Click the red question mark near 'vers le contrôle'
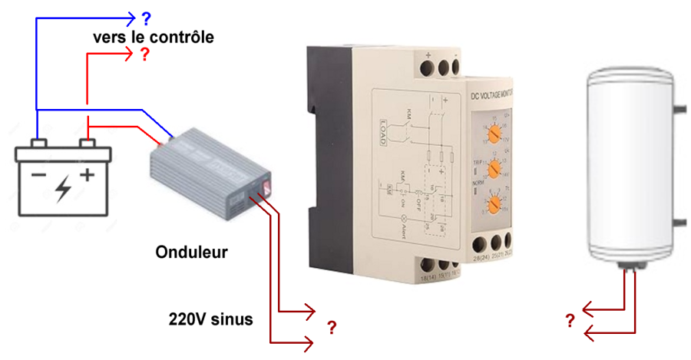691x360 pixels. click(x=143, y=55)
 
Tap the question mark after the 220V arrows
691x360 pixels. click(x=332, y=327)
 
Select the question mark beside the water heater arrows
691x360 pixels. click(x=570, y=321)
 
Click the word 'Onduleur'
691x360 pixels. click(x=191, y=253)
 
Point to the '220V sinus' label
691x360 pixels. click(x=210, y=318)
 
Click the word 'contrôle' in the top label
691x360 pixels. click(x=183, y=37)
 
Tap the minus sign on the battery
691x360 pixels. click(x=38, y=175)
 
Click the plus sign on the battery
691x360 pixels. click(x=88, y=175)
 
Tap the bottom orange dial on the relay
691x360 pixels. click(x=496, y=203)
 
